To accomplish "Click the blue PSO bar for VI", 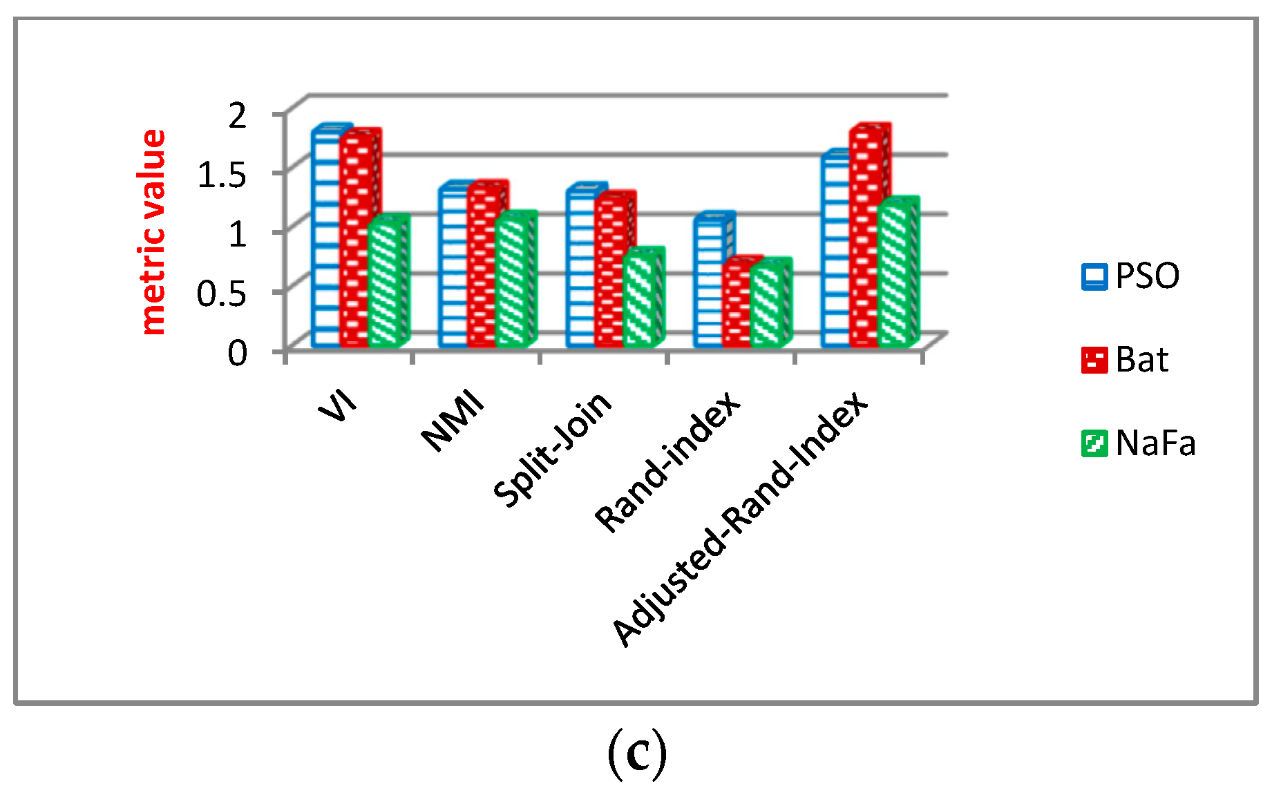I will [x=325, y=238].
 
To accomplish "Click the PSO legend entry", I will [x=1130, y=276].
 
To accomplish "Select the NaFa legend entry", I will [x=1138, y=443].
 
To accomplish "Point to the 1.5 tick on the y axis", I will [x=222, y=174].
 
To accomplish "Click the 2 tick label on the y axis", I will [x=237, y=115].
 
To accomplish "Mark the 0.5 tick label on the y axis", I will [x=222, y=294].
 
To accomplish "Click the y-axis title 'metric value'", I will [x=153, y=232].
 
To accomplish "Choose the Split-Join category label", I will [x=553, y=449].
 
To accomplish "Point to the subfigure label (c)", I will [x=636, y=755].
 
